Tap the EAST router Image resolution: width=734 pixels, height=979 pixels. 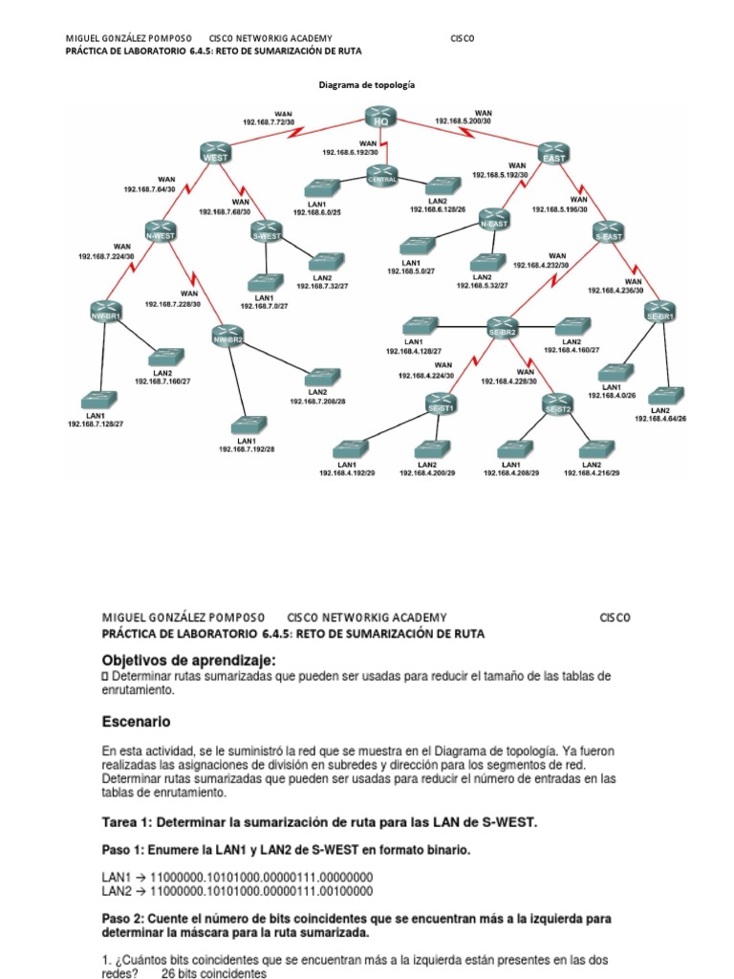pyautogui.click(x=552, y=153)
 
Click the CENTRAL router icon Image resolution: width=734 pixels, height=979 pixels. pyautogui.click(x=382, y=176)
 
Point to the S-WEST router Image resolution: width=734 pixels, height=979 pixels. pyautogui.click(x=269, y=232)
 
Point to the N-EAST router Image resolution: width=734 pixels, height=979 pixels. pyautogui.click(x=493, y=220)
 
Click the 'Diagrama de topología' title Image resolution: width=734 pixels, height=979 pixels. pyautogui.click(x=366, y=85)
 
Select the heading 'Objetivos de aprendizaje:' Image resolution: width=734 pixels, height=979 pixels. pyautogui.click(x=189, y=660)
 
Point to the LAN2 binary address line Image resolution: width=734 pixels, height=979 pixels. pyautogui.click(x=237, y=891)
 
